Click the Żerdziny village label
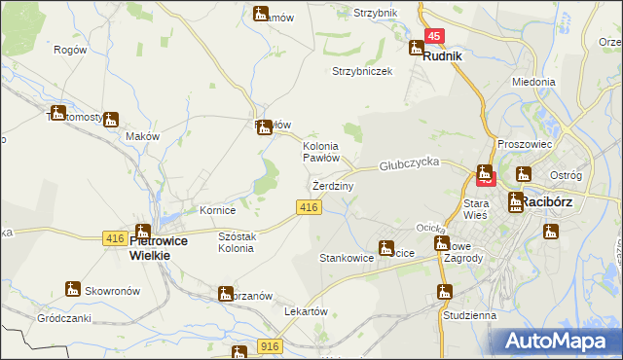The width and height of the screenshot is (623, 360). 332,185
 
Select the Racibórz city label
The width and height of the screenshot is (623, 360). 551,202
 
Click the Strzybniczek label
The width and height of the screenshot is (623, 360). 361,72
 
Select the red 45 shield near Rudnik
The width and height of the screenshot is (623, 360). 434,36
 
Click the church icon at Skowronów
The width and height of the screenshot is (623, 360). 72,288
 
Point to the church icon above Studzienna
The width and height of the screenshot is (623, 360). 445,291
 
